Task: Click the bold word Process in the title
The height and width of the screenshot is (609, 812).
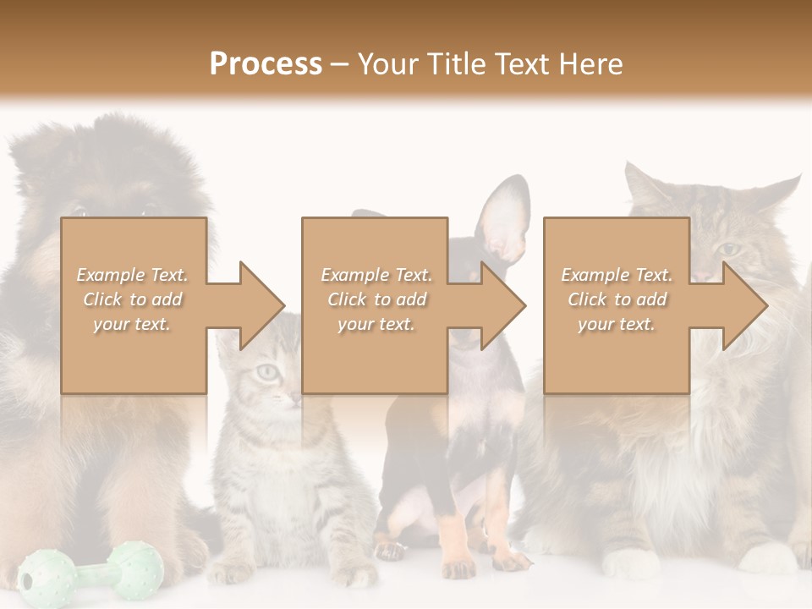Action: click(x=266, y=64)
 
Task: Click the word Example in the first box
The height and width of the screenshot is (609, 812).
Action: click(x=109, y=275)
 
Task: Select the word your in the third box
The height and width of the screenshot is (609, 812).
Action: click(x=595, y=324)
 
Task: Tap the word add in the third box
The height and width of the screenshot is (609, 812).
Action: click(x=651, y=299)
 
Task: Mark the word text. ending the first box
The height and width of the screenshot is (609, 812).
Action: click(x=151, y=324)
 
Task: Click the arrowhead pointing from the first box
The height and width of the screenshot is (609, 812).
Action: click(x=258, y=305)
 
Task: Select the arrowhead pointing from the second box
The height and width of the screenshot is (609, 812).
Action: click(x=500, y=305)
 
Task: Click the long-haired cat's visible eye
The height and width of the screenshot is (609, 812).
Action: click(x=727, y=249)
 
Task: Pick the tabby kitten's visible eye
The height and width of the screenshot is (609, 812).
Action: click(x=268, y=370)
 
